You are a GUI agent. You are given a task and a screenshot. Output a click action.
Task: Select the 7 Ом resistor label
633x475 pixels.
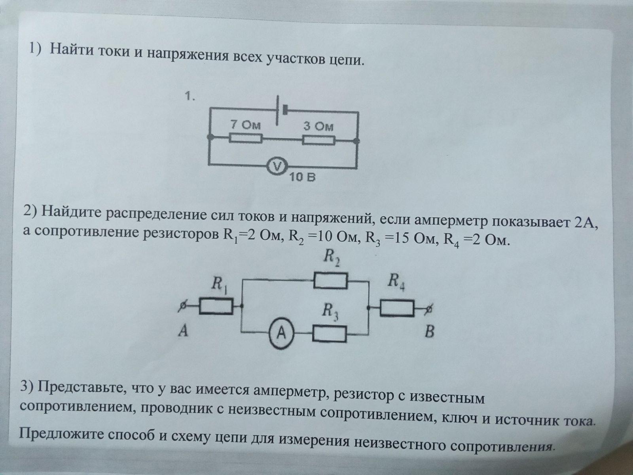click(245, 125)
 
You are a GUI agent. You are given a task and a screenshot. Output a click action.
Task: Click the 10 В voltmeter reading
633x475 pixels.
click(302, 177)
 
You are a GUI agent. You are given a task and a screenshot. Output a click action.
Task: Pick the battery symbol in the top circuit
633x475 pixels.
click(282, 110)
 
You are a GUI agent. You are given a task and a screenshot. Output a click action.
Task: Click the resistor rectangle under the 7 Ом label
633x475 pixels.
click(246, 138)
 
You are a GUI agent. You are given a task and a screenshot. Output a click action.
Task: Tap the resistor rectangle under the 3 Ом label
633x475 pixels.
click(318, 141)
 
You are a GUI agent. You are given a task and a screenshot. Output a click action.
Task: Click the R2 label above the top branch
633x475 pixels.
click(331, 258)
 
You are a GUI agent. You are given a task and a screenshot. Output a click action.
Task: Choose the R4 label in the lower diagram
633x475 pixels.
click(396, 282)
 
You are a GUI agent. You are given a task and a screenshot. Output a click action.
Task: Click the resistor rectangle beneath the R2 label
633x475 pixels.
click(330, 281)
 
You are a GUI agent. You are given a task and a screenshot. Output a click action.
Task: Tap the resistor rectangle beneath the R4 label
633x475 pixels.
click(397, 308)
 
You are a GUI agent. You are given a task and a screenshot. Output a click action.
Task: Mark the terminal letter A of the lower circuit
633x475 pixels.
click(183, 331)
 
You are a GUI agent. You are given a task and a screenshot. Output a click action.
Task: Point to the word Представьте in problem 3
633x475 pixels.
click(82, 388)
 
